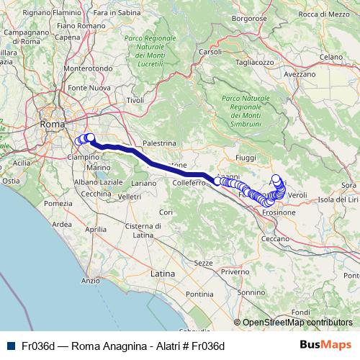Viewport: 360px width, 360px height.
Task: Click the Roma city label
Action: point(53,124)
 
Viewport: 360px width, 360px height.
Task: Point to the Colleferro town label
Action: point(189,183)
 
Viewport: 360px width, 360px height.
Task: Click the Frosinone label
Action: point(279,213)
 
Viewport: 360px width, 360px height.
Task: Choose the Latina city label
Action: point(163,274)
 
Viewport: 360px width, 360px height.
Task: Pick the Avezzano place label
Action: point(300,73)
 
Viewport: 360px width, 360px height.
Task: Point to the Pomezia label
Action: point(55,204)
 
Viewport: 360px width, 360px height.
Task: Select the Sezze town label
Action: point(204,263)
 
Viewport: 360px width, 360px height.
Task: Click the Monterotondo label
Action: point(84,68)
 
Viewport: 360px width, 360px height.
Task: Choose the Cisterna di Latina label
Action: point(146,230)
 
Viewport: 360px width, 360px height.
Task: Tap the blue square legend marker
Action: point(9,346)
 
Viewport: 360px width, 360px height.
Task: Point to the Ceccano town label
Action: point(274,238)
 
